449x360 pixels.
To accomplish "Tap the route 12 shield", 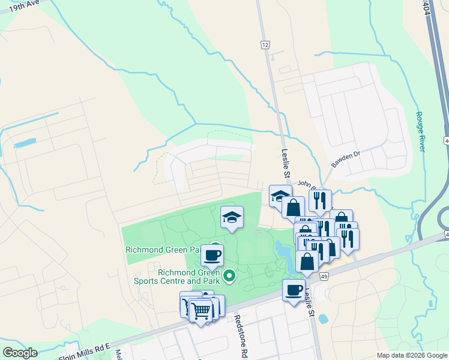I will click(x=265, y=44).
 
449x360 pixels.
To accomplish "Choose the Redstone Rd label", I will click(x=238, y=327).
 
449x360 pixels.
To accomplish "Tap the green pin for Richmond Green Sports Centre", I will click(x=229, y=276).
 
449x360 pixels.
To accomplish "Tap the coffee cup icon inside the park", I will click(x=212, y=255).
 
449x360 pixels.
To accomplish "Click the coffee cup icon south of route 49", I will click(x=294, y=290).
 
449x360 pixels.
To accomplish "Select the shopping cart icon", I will click(x=202, y=310).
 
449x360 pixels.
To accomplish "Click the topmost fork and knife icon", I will click(x=320, y=200).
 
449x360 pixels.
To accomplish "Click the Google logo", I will click(x=20, y=352).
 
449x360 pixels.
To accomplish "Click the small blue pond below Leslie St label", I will click(x=323, y=318).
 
